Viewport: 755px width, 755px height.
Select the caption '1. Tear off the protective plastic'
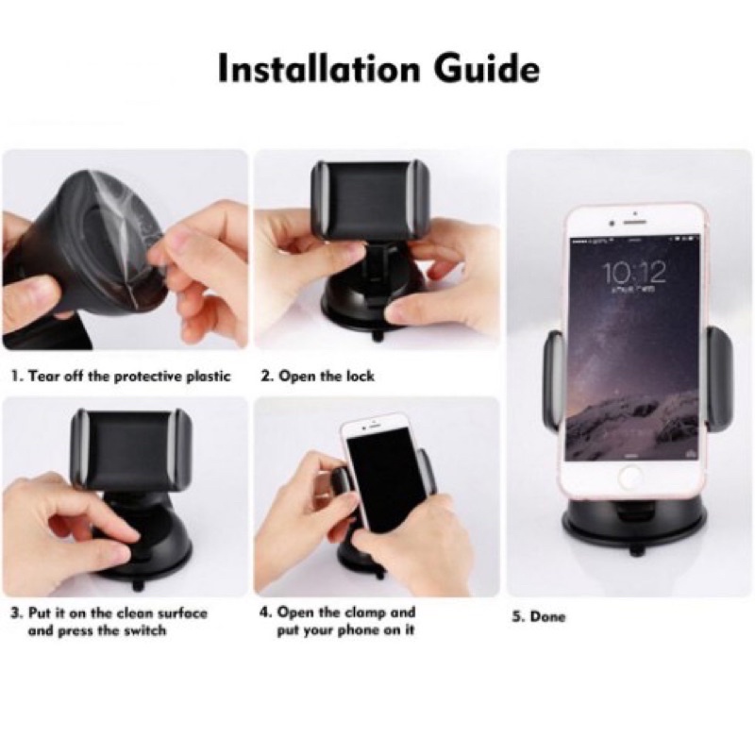[x=122, y=376]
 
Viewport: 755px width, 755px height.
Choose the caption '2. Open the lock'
[x=317, y=376]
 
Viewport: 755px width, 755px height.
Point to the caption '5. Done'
[x=538, y=617]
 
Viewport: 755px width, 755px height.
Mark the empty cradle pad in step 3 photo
[x=131, y=446]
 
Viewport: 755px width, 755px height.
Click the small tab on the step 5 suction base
[x=635, y=550]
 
